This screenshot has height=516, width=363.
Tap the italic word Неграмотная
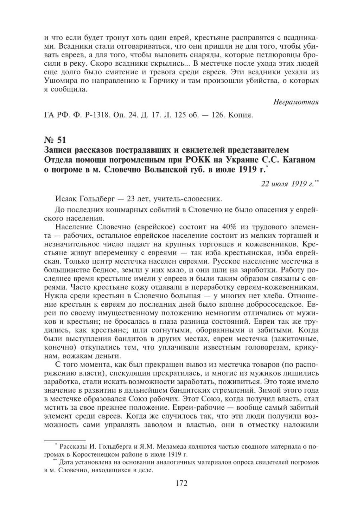pyautogui.click(x=295, y=102)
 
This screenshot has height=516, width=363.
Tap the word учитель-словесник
pyautogui.click(x=193, y=199)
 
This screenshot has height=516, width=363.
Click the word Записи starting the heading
pyautogui.click(x=58, y=150)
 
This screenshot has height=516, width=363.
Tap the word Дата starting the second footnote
pyautogui.click(x=66, y=462)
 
